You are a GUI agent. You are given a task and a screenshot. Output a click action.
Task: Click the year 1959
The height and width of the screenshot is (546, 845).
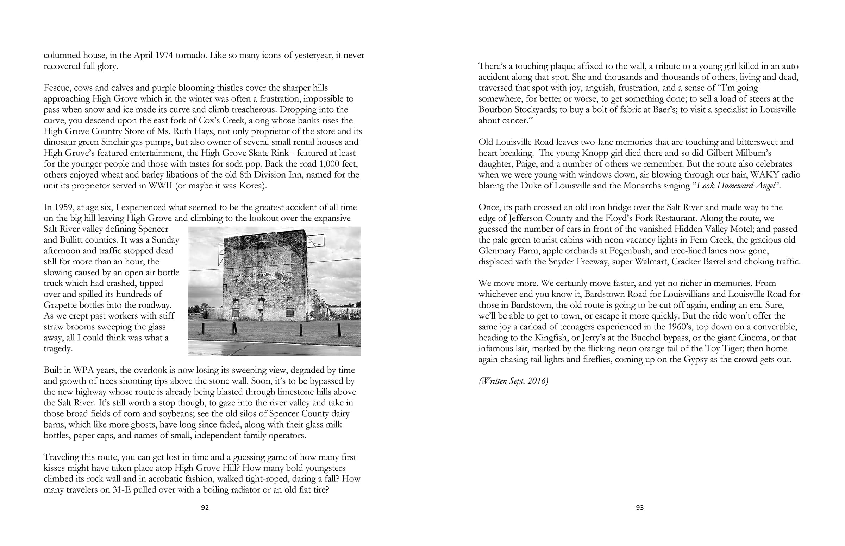(x=61, y=207)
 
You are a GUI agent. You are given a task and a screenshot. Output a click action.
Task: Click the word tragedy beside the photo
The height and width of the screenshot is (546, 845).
(x=58, y=348)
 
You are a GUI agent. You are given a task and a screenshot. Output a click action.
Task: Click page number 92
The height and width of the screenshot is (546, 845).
(x=205, y=508)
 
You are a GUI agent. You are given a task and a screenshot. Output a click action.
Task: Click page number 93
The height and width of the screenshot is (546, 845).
(x=639, y=508)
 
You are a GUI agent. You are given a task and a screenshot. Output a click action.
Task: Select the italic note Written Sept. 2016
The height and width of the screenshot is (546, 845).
(x=513, y=381)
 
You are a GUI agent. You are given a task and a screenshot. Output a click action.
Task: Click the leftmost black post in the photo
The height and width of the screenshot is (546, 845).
(x=203, y=329)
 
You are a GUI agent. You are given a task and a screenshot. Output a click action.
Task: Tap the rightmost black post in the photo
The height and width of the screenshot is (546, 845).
(x=339, y=330)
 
